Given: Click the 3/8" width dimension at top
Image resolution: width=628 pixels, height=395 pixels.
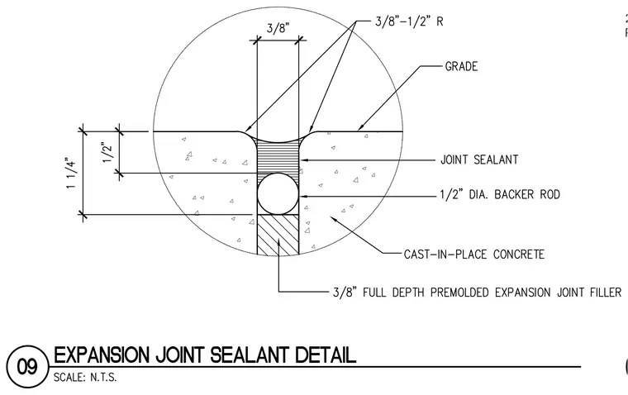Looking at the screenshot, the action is (x=278, y=28).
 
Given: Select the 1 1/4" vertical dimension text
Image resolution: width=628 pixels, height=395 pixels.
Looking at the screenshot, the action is (x=72, y=173).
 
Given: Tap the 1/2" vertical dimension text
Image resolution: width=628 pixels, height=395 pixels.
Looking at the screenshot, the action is (x=107, y=152).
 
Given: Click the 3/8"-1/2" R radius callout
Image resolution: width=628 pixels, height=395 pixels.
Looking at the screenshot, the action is (x=409, y=21).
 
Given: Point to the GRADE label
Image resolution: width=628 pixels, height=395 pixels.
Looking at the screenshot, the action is (x=461, y=66).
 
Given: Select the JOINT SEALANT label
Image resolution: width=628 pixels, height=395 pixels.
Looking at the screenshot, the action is (x=479, y=159).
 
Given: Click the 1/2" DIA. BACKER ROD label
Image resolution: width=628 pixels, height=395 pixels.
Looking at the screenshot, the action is (x=500, y=195).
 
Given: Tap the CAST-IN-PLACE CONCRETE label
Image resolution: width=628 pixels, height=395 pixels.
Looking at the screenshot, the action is (x=474, y=255).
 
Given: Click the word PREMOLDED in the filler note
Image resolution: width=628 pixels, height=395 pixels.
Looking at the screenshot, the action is (x=460, y=293).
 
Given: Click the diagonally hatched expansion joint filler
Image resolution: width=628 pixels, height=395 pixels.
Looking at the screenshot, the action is (x=278, y=236).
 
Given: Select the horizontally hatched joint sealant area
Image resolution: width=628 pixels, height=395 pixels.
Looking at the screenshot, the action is (x=278, y=157).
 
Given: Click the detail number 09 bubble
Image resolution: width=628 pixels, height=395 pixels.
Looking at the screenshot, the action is (x=27, y=367).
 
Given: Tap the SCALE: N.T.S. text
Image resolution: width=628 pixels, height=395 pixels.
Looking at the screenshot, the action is (x=85, y=378).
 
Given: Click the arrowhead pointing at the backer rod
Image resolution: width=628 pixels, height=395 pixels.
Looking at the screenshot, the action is (x=303, y=197).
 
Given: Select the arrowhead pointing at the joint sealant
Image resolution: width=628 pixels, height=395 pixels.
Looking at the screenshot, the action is (x=304, y=159).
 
